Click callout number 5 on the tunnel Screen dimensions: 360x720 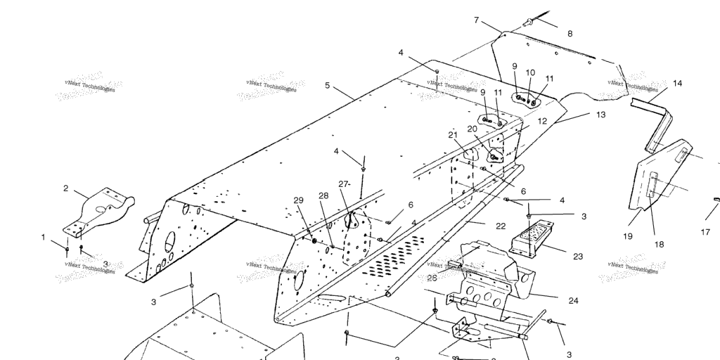tap(327, 86)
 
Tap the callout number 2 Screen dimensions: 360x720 tap(66, 188)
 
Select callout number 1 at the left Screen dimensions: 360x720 tap(43, 237)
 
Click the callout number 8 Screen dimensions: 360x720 tap(570, 33)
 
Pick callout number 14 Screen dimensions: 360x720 tap(677, 84)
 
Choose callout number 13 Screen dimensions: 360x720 tap(600, 114)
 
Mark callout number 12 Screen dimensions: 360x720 tap(542, 121)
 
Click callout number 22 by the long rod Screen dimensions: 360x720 tap(500, 226)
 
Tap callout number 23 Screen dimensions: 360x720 tap(577, 257)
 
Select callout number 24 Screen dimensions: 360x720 tap(573, 300)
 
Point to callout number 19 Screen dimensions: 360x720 tap(627, 236)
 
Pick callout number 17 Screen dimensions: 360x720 tap(705, 231)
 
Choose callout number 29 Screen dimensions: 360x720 tap(298, 200)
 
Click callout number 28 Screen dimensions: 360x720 tap(323, 195)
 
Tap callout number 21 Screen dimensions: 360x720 tap(453, 134)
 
